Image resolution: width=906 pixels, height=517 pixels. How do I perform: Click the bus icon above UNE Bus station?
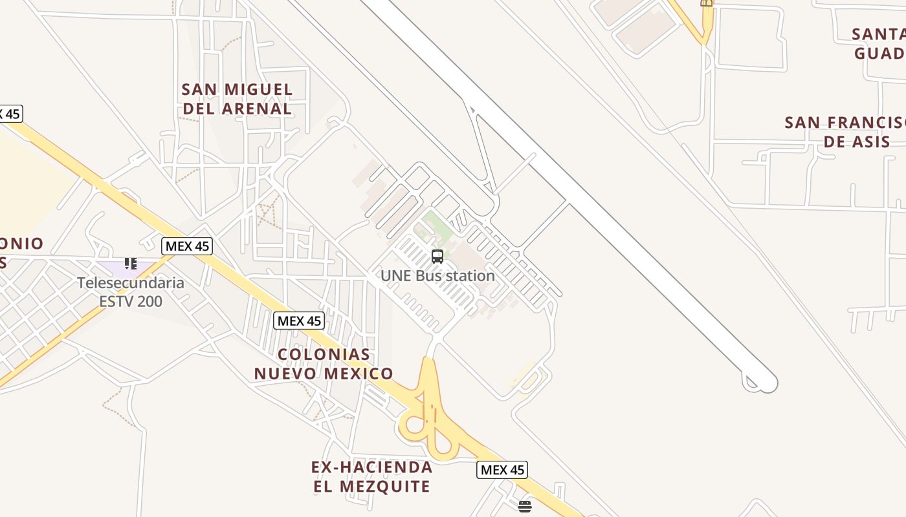pyautogui.click(x=437, y=256)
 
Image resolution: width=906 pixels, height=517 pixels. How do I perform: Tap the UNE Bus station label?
pyautogui.click(x=437, y=276)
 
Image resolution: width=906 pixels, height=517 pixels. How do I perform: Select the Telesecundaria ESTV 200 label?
pyautogui.click(x=131, y=292)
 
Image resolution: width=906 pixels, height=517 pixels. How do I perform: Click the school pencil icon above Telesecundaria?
pyautogui.click(x=131, y=263)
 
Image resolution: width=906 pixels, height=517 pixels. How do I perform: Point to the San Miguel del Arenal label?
pyautogui.click(x=237, y=99)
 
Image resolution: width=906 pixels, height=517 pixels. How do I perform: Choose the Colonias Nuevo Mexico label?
pyautogui.click(x=324, y=364)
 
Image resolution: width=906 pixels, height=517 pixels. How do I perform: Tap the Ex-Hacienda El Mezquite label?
pyautogui.click(x=372, y=476)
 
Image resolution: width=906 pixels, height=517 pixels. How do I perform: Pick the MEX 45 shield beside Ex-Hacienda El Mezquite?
pyautogui.click(x=502, y=470)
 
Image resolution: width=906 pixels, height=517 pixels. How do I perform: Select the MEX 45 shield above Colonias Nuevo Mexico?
pyautogui.click(x=299, y=321)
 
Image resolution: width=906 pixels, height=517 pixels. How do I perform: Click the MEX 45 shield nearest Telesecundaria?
pyautogui.click(x=187, y=246)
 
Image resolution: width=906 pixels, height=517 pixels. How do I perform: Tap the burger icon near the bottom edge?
pyautogui.click(x=525, y=506)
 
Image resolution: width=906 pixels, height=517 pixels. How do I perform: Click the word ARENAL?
pyautogui.click(x=257, y=109)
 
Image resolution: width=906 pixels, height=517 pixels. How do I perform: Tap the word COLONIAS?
pyautogui.click(x=324, y=354)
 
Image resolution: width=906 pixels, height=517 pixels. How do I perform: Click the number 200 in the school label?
pyautogui.click(x=149, y=301)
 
